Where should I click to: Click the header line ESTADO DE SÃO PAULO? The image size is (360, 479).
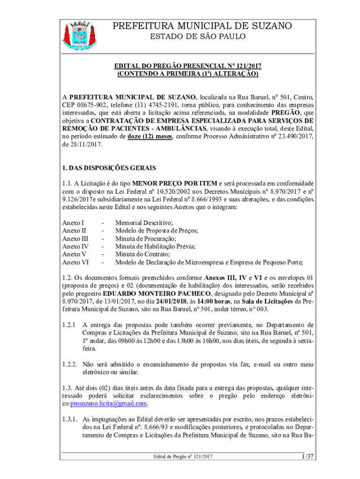point(202,36)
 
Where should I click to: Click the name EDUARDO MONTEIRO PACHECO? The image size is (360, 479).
point(131,293)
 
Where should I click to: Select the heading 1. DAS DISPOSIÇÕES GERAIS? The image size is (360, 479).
point(109,167)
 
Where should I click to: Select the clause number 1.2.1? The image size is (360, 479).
point(69,325)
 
